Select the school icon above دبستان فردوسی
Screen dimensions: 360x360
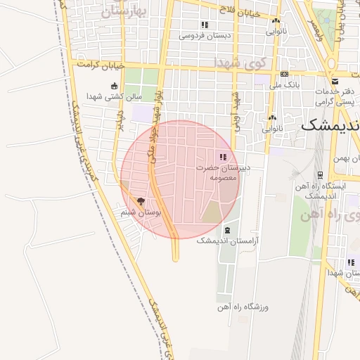[x=205, y=25]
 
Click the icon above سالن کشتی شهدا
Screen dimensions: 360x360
[x=115, y=86]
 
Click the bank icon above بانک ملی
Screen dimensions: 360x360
[x=284, y=74]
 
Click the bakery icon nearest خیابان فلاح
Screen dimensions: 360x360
[x=275, y=21]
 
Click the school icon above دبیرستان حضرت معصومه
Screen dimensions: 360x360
[x=223, y=157]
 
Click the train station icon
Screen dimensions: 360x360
[x=321, y=175]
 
